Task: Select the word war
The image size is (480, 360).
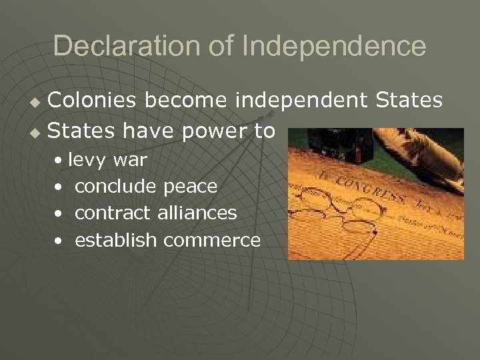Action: click(130, 161)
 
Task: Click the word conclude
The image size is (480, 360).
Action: click(116, 187)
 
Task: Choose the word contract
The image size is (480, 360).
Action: click(114, 213)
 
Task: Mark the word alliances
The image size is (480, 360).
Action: click(198, 213)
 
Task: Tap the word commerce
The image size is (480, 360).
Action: click(212, 241)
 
